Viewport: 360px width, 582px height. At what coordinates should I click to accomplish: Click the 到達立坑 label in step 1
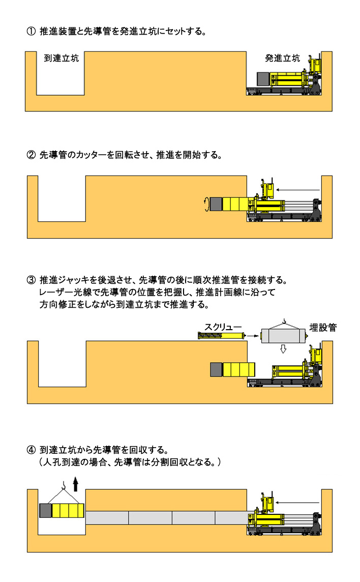61,59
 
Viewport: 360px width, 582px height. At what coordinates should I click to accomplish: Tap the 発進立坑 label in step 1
282,59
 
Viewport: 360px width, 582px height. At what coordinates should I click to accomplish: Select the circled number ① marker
31,31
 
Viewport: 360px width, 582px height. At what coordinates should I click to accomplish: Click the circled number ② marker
31,155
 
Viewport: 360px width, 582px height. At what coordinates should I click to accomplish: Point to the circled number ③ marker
31,280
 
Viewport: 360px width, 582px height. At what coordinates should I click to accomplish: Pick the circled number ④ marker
31,450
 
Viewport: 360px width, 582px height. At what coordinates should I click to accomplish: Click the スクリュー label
223,327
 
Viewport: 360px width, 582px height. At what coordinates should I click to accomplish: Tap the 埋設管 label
323,328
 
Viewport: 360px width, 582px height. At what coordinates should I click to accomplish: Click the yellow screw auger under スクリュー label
222,336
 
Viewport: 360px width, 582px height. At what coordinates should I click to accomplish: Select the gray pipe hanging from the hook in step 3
284,336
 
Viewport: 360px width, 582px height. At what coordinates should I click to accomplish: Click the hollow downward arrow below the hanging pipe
283,349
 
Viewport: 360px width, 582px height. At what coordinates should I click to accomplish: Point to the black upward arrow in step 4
76,484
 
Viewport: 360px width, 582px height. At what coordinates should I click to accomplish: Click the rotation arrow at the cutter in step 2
207,205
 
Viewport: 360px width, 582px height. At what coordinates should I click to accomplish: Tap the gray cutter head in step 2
216,204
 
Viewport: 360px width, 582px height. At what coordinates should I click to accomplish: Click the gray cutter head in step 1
263,79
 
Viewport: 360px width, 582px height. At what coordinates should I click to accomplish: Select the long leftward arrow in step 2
298,190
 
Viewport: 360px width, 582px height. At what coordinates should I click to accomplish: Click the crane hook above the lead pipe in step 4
64,484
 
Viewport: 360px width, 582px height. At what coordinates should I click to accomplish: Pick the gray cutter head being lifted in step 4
46,511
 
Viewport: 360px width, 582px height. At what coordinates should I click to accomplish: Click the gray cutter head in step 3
217,370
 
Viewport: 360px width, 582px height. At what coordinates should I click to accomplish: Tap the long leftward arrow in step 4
298,503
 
